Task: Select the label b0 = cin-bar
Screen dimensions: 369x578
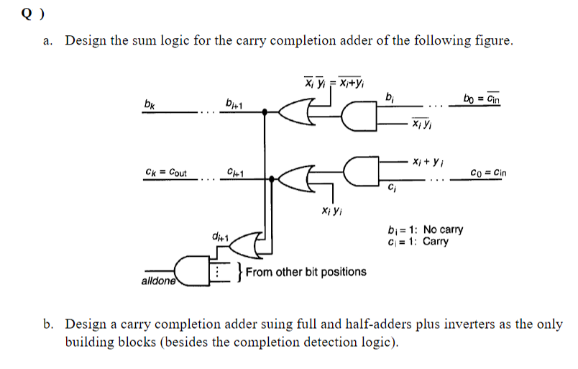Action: (482, 98)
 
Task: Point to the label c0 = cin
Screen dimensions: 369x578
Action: (487, 173)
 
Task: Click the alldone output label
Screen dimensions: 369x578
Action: (157, 281)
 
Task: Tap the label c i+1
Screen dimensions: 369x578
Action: (234, 173)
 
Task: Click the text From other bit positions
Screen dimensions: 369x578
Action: (306, 272)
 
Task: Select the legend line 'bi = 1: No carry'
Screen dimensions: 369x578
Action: (425, 230)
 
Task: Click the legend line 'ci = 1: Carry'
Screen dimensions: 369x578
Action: (418, 242)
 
